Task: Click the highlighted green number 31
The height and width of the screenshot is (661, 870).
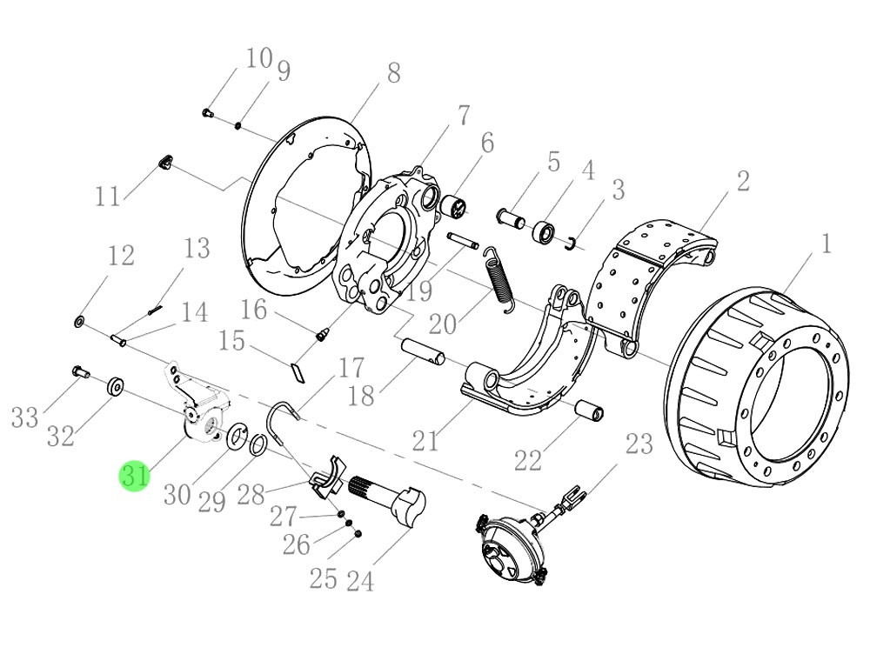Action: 134,477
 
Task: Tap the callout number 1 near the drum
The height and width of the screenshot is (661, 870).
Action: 824,243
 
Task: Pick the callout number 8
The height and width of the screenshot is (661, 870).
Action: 393,73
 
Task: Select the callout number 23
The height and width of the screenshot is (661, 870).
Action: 639,444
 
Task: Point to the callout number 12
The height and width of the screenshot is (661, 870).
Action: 121,256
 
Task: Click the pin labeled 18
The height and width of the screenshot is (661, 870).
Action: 423,351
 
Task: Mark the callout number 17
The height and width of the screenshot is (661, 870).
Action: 351,367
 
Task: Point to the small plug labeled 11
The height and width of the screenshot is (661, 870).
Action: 164,161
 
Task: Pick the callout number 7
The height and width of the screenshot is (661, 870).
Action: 463,116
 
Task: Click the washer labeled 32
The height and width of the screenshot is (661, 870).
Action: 114,386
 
